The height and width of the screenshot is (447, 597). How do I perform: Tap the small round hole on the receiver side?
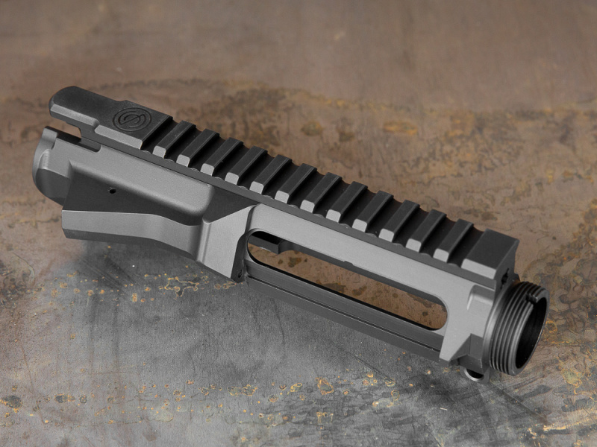tap(112, 191)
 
